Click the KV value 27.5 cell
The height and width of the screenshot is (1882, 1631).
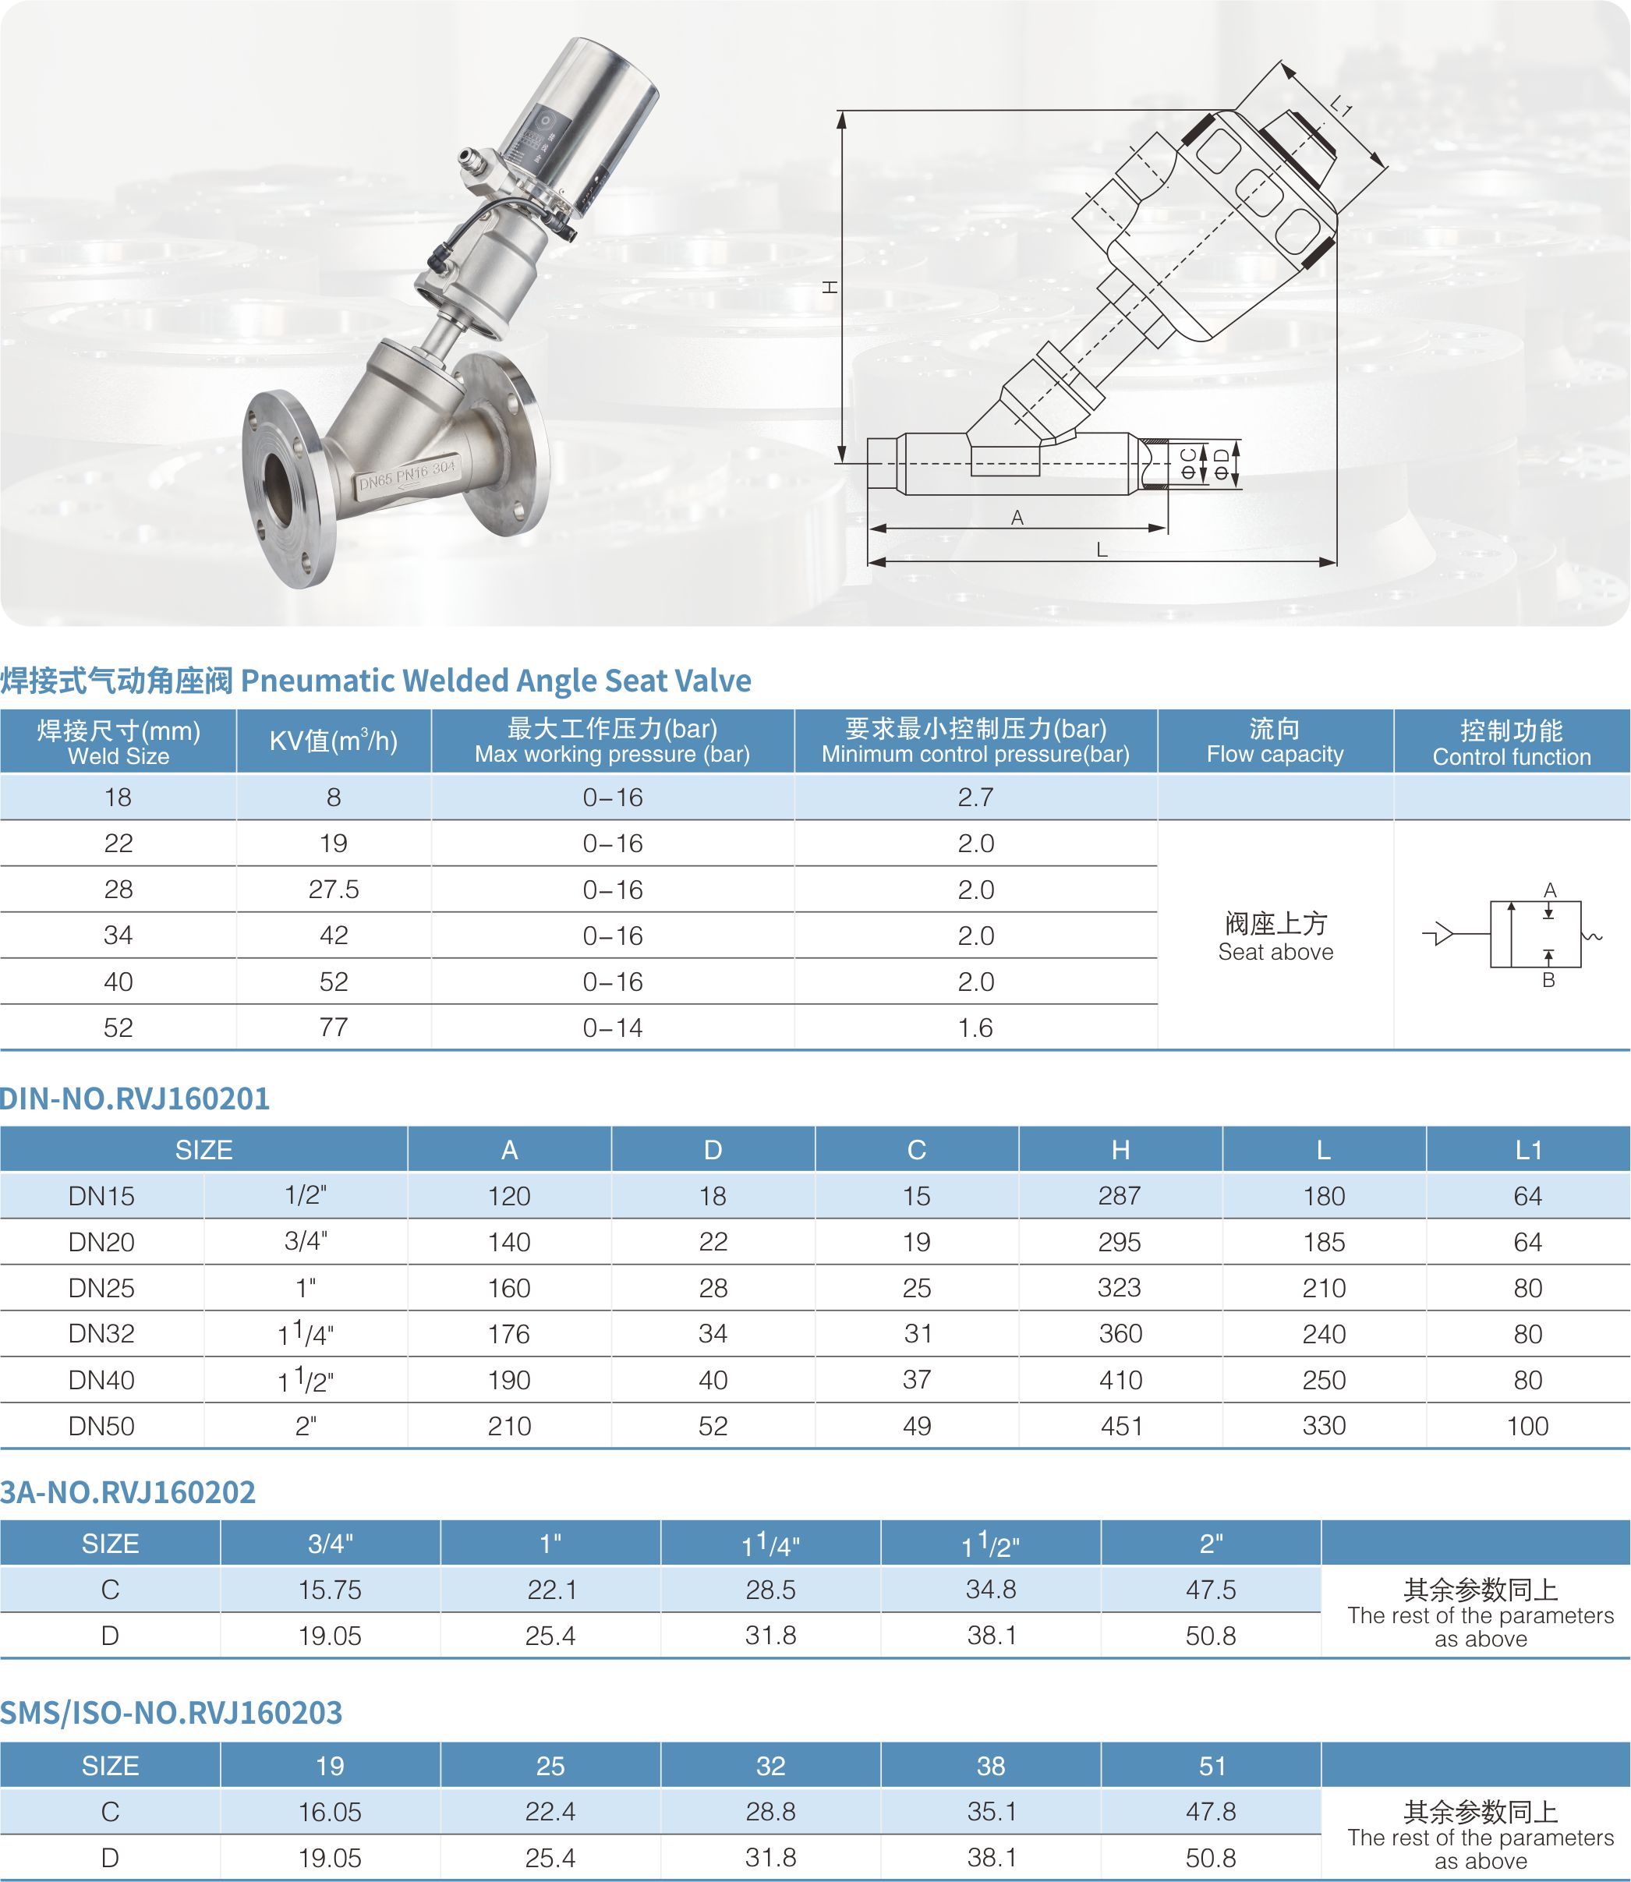coord(333,889)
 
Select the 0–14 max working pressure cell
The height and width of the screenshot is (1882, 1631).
coord(613,1028)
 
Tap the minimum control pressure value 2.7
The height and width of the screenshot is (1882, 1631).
coord(975,798)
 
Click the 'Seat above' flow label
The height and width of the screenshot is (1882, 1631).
coord(1275,952)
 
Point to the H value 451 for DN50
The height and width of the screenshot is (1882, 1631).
coord(1120,1426)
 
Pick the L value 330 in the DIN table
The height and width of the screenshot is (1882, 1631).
coord(1323,1426)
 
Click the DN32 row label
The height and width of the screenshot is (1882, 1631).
coord(101,1334)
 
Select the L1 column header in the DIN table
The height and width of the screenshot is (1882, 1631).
coord(1527,1150)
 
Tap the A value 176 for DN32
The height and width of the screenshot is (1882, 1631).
coord(509,1334)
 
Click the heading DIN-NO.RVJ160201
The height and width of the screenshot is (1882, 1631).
coord(135,1098)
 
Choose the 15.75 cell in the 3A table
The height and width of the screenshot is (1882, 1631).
coord(330,1590)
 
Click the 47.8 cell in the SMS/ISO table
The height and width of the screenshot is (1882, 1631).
coord(1211,1812)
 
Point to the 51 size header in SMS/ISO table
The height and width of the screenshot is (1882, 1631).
coord(1211,1767)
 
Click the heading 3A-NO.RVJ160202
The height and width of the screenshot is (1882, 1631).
coord(127,1492)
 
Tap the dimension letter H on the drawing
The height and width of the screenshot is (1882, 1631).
coord(830,287)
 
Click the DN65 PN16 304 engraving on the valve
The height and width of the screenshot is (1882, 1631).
coord(406,475)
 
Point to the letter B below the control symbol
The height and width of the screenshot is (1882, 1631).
coord(1548,980)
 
